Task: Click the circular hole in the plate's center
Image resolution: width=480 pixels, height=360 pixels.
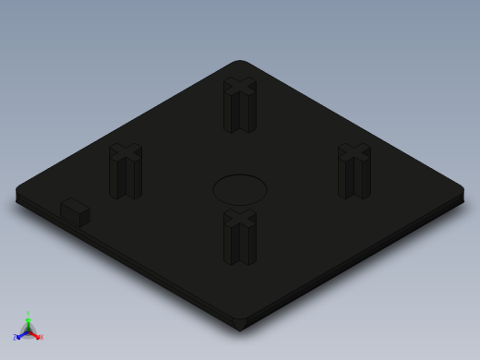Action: click(x=240, y=189)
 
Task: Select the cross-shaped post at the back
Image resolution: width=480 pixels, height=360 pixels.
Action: click(x=239, y=107)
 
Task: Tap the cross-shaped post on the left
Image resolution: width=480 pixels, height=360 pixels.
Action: click(x=126, y=174)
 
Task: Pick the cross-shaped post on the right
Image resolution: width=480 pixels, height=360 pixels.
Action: click(x=354, y=174)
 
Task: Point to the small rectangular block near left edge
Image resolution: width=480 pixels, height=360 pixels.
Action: click(x=75, y=212)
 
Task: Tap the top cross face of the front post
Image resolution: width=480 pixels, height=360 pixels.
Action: click(x=239, y=220)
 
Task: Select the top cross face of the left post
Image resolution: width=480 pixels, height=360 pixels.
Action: click(x=126, y=153)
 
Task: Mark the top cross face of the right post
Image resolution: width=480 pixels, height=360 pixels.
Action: click(x=354, y=153)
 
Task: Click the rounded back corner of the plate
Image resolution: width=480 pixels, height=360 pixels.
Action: click(x=240, y=64)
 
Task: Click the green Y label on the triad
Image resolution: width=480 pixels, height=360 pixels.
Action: click(x=28, y=314)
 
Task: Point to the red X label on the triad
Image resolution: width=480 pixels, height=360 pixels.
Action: click(x=41, y=337)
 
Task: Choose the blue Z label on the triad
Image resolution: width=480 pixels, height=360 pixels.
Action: click(x=16, y=337)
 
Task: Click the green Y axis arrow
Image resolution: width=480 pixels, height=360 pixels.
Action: click(x=28, y=322)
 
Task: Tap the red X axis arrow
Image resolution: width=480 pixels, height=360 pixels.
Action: click(x=35, y=334)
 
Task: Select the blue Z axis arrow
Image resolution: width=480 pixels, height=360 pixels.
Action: click(x=22, y=334)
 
